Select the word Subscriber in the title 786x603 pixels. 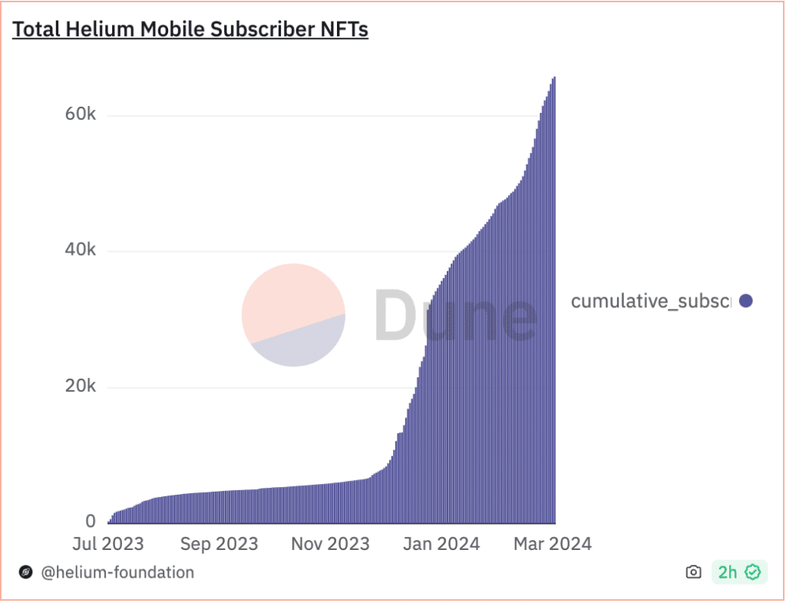(251, 30)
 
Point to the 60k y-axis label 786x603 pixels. (80, 114)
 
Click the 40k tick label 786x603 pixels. (80, 250)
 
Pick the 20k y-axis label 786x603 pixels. (80, 386)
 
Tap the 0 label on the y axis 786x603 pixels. (91, 521)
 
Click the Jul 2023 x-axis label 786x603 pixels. (108, 544)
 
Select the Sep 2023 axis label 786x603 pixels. (219, 544)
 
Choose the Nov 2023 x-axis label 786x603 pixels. (330, 544)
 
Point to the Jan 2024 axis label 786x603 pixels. (441, 544)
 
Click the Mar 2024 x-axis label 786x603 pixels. (551, 544)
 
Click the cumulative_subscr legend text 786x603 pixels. (651, 301)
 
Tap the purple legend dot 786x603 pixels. (745, 301)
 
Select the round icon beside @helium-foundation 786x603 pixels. (25, 572)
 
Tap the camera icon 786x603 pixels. (693, 572)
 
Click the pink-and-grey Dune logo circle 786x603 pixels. (293, 315)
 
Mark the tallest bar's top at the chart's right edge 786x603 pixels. (554, 78)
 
